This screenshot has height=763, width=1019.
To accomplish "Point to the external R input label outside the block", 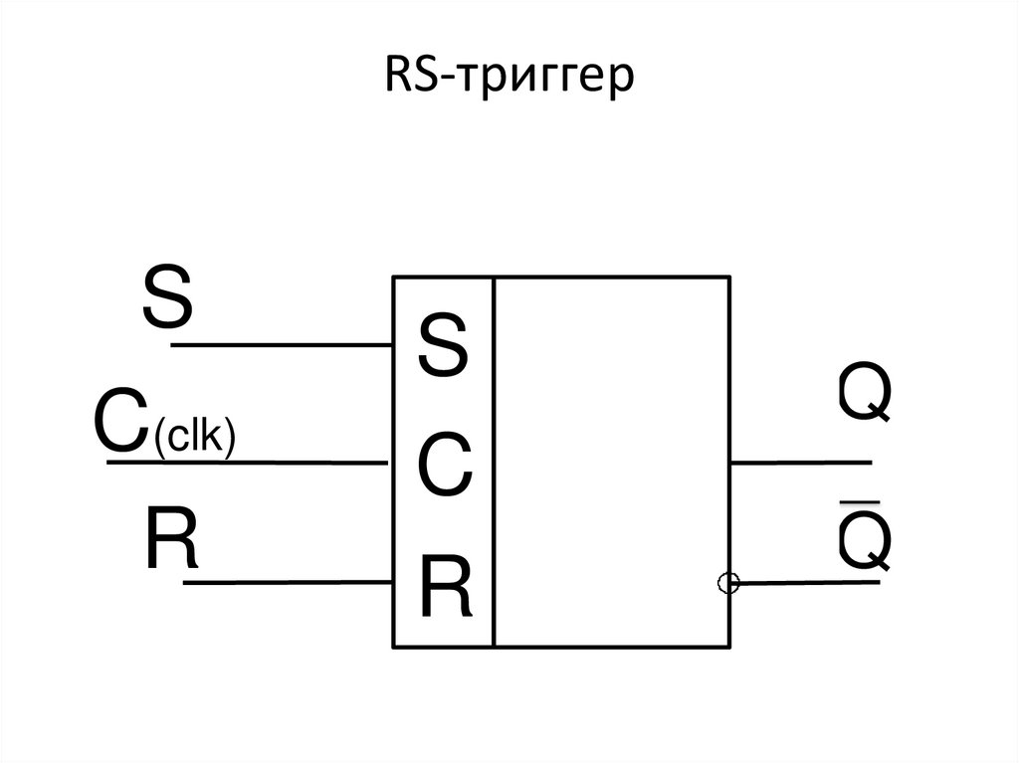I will tap(170, 539).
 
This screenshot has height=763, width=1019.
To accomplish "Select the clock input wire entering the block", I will tap(249, 463).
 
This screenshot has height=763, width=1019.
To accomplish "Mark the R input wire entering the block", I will tap(289, 582).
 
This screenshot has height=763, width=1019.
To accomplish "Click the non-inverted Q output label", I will tap(863, 394).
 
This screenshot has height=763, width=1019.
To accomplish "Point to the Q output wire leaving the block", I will tap(801, 463).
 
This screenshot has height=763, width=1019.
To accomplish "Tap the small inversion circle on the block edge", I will tap(728, 583).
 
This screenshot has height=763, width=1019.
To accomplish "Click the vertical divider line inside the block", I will tap(494, 463).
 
